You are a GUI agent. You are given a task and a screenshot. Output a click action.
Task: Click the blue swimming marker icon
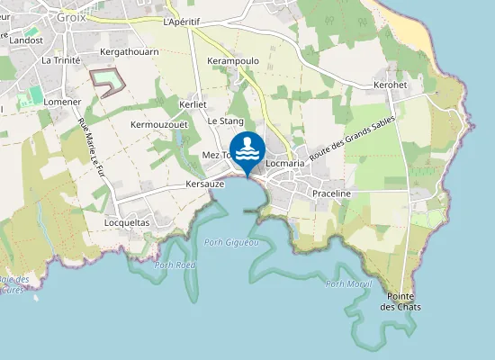coord(247,149)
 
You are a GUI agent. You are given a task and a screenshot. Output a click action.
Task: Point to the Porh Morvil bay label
coord(348,283)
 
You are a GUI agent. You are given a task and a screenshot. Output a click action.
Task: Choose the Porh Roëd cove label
coord(175,265)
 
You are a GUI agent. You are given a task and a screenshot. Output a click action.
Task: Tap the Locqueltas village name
coord(127,221)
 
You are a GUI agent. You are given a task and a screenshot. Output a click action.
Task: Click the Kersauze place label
coord(204,184)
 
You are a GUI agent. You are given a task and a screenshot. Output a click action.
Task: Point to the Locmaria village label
coord(286,164)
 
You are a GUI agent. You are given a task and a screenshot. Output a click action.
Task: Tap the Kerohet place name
coord(391,85)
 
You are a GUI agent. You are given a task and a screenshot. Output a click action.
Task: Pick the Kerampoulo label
coord(233,61)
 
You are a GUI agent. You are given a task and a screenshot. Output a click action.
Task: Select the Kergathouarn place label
coord(130,52)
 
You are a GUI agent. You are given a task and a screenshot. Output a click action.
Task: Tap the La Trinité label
coord(60,60)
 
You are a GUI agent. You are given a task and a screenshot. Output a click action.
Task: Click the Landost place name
coord(25,40)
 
